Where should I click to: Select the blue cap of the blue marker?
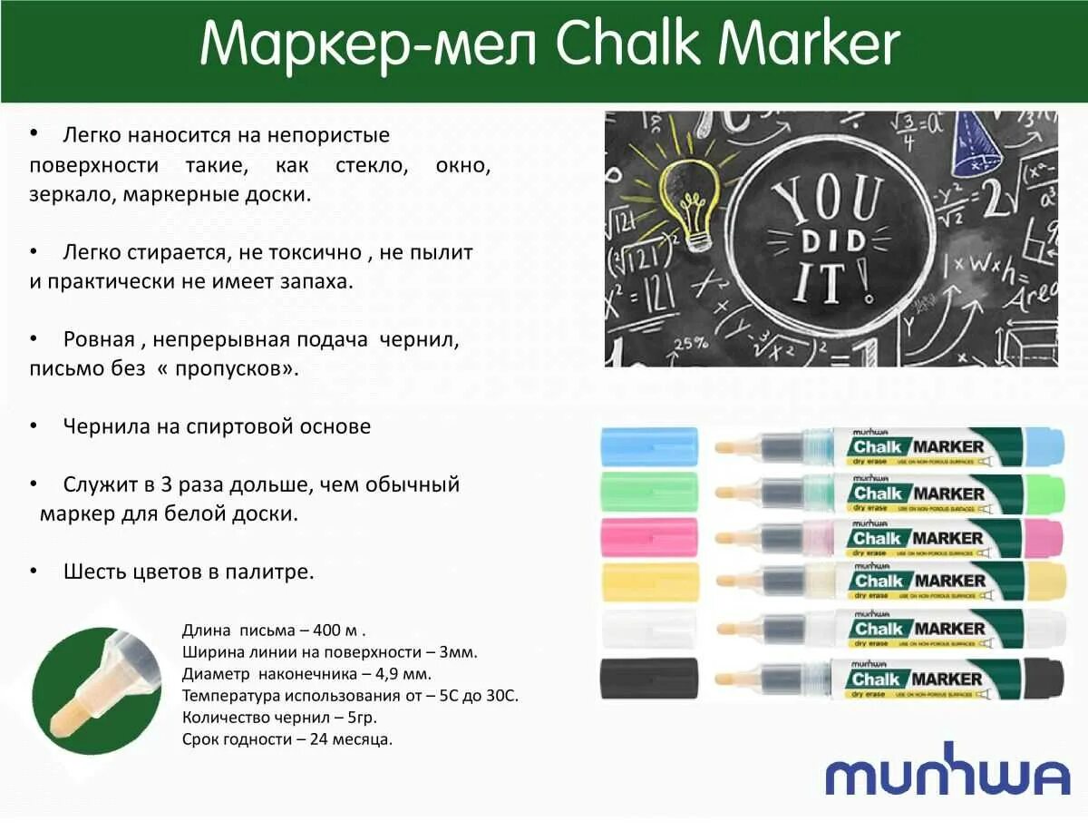coord(649,446)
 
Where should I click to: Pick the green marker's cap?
coord(649,491)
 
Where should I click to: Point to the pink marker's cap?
coord(649,536)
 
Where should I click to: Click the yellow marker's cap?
coord(649,581)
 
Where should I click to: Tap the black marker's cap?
coord(649,678)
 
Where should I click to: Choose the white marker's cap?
coord(649,629)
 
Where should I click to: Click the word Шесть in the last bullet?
coord(92,572)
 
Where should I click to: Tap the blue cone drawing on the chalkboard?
coord(976,145)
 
